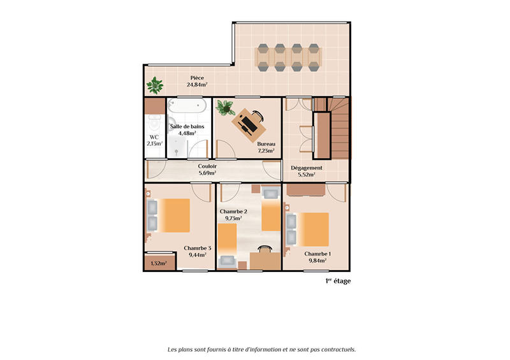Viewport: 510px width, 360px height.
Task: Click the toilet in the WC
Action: [154, 124]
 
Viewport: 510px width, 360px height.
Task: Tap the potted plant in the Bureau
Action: [226, 108]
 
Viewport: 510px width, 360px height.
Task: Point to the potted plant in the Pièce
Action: [155, 84]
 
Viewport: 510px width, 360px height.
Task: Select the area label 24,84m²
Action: [196, 85]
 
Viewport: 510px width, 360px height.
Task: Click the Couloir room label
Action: [207, 166]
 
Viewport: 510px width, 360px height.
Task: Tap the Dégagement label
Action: [307, 168]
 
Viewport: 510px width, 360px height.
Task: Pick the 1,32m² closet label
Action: [158, 263]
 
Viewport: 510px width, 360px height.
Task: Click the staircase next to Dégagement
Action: [331, 127]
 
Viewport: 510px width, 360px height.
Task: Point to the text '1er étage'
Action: [338, 281]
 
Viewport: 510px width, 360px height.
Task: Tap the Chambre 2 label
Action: [233, 211]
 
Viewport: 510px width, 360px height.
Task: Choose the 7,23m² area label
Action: [266, 151]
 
